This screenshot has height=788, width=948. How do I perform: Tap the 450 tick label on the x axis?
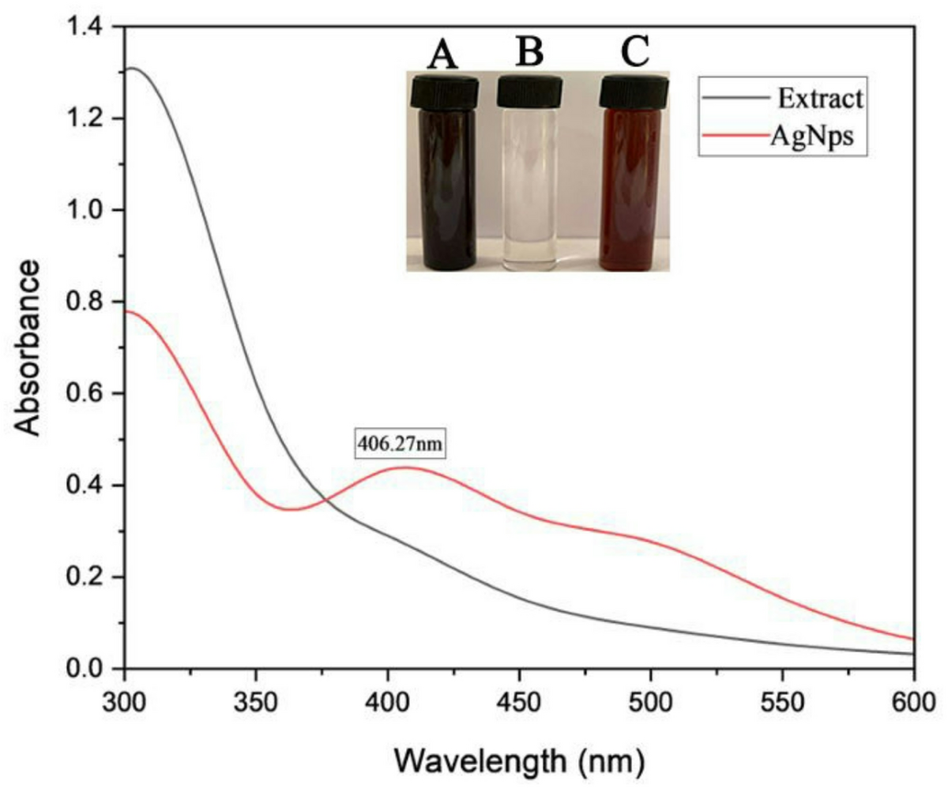pyautogui.click(x=519, y=699)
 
